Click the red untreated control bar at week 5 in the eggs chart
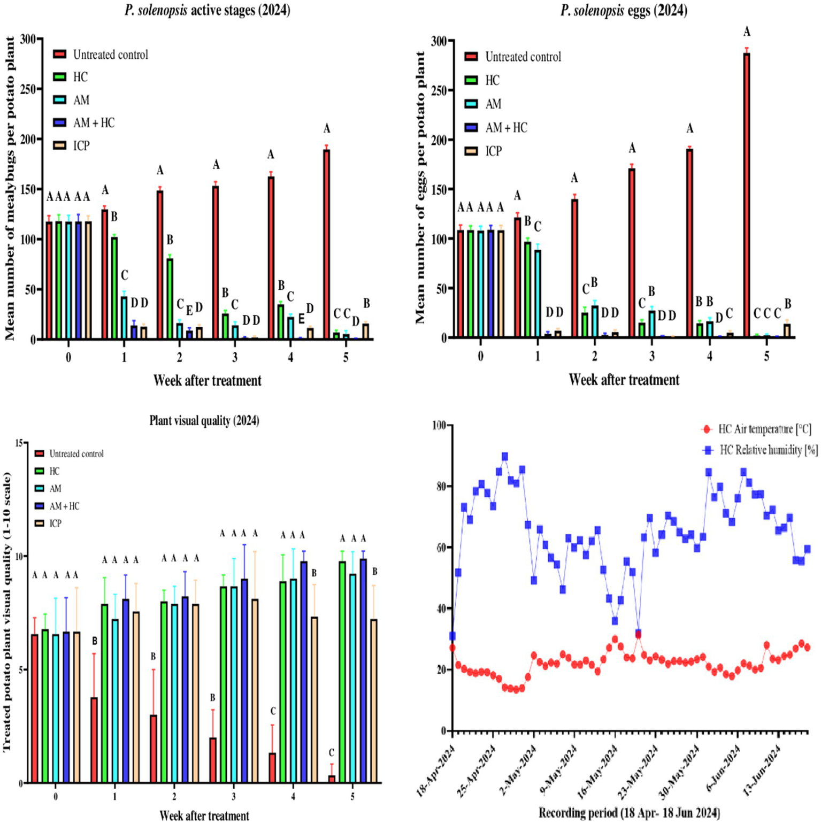tap(747, 195)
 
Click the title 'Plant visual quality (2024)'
tap(204, 421)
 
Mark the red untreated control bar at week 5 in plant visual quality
tap(332, 779)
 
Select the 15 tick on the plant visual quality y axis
tap(20, 443)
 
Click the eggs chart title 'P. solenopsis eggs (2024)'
tap(623, 10)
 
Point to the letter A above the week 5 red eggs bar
tap(747, 32)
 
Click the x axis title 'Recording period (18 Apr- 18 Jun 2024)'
tap(629, 813)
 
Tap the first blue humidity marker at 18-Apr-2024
tap(452, 636)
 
